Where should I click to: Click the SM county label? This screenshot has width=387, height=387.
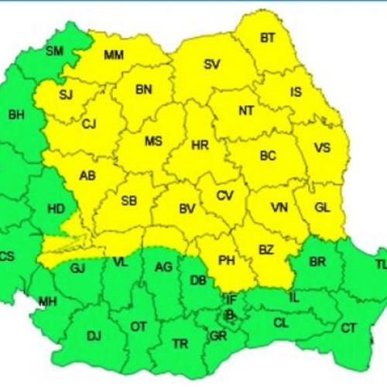coord(54,51)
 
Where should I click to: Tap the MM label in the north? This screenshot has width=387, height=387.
coord(113,55)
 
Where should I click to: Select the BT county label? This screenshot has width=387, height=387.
coord(268,37)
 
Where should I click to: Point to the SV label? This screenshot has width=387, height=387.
coord(211,64)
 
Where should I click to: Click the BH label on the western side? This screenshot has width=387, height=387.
coord(16,115)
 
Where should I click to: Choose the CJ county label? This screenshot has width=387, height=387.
coord(89,124)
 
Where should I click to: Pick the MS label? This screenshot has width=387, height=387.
coord(153,141)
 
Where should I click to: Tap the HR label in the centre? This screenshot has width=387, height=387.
coord(200,145)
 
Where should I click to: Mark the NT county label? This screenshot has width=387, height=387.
coord(246,111)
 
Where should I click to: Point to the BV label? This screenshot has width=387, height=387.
coord(187,209)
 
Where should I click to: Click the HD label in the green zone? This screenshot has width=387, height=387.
coord(56,208)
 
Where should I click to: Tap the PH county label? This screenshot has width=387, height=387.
coord(226,261)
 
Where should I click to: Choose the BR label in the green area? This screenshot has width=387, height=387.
coord(317,262)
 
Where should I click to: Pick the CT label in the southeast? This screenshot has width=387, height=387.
coord(348,328)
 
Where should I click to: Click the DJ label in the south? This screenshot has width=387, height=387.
coord(94,335)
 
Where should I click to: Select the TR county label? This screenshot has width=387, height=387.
coord(180,344)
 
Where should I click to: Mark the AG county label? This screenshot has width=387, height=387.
coord(163,267)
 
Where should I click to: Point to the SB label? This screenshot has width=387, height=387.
coord(128,201)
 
